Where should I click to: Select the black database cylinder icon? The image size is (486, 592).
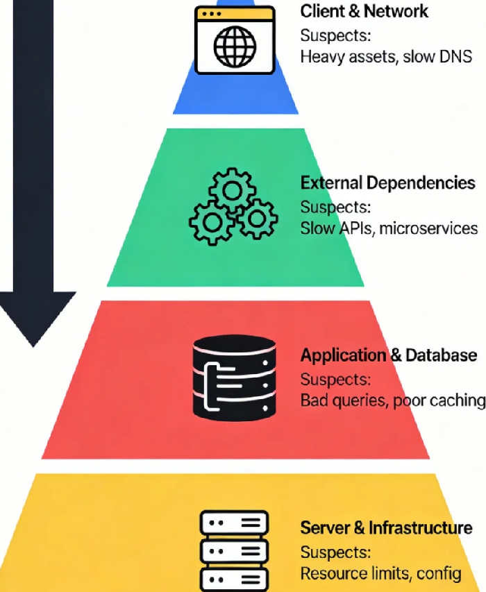click(233, 378)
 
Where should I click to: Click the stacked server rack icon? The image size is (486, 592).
click(233, 551)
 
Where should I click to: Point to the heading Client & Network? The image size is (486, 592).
click(364, 12)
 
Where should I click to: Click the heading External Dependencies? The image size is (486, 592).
click(387, 183)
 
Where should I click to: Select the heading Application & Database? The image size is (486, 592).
click(388, 355)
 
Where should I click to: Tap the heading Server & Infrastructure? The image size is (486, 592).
click(386, 527)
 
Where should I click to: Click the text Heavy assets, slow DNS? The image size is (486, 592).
click(386, 57)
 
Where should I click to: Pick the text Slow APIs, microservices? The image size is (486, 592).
click(389, 228)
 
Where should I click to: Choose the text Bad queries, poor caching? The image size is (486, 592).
click(392, 400)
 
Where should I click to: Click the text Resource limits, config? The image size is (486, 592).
click(380, 573)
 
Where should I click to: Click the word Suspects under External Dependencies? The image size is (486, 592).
click(335, 207)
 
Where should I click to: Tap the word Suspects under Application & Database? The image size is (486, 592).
click(335, 379)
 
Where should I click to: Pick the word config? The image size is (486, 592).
click(440, 573)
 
